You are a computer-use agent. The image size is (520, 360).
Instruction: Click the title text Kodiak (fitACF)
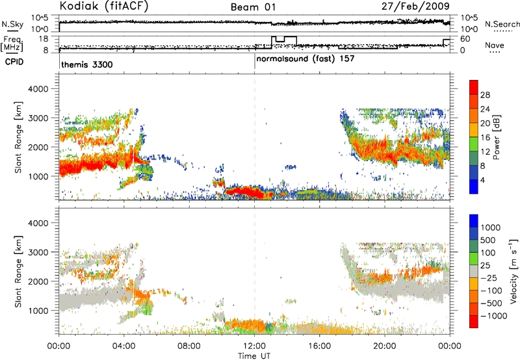tap(104, 6)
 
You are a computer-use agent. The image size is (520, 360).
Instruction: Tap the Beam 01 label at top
tap(253, 7)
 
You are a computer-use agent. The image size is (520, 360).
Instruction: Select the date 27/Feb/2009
tap(415, 6)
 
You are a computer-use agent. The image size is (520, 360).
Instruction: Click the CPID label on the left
tap(14, 62)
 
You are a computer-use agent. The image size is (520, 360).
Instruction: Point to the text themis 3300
tap(87, 64)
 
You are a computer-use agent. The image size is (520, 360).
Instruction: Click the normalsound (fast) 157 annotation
tap(305, 59)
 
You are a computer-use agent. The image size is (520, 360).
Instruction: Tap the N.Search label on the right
tap(502, 24)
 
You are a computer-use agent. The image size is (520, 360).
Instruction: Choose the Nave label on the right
tap(495, 45)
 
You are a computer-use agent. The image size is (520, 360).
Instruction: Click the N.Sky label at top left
tap(12, 24)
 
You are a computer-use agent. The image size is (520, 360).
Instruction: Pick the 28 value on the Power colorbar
tap(485, 95)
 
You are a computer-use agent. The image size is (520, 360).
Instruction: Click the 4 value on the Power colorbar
tap(482, 181)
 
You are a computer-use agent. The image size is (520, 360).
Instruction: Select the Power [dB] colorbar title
tap(496, 137)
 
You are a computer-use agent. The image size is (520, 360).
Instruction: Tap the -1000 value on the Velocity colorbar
tap(494, 316)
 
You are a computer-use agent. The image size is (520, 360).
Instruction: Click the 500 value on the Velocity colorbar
tap(488, 240)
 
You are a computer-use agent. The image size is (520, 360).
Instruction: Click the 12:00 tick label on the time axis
tap(254, 346)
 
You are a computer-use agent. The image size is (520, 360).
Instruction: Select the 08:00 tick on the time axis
tap(189, 346)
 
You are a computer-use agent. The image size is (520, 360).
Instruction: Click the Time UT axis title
tap(254, 356)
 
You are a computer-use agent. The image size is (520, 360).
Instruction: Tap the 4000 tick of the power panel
tap(38, 89)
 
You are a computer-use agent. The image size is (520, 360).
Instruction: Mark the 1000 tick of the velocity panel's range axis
tap(38, 311)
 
